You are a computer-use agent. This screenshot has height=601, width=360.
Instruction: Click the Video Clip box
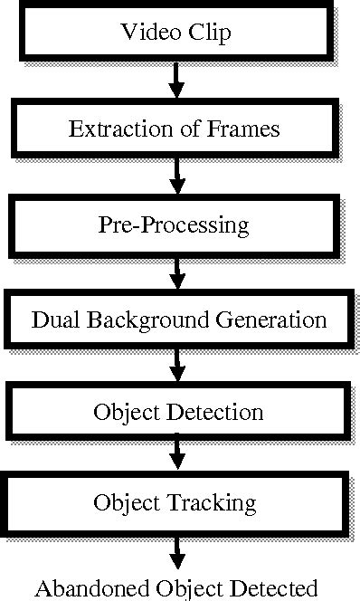point(176,33)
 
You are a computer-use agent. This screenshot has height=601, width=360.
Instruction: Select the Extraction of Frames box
point(175,129)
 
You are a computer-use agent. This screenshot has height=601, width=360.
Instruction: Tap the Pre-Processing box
point(174,224)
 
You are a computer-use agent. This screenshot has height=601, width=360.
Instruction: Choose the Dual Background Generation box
point(179,320)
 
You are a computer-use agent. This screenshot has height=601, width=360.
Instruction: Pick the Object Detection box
point(178,413)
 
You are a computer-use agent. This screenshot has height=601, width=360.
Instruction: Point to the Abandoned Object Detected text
point(177,587)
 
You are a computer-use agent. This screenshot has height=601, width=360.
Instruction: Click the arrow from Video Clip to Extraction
point(177,81)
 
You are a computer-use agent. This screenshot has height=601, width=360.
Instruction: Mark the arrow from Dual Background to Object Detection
point(177,366)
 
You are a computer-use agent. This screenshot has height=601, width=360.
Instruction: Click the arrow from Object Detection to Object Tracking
point(177,457)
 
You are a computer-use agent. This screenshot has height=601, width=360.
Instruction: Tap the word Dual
point(52,320)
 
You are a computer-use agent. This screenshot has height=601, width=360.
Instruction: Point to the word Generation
point(280,321)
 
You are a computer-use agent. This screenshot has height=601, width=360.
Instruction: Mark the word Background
point(150,321)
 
